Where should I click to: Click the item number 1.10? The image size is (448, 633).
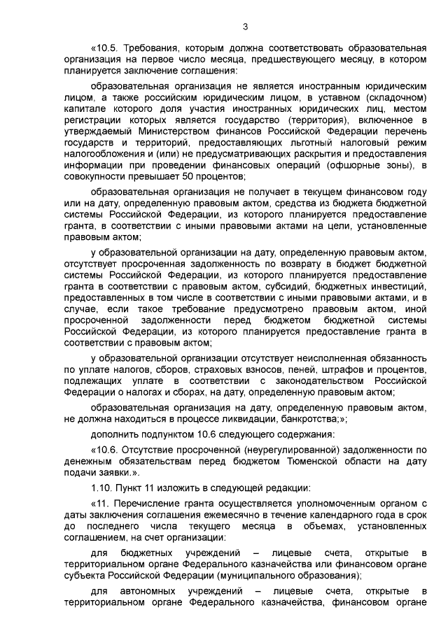pyautogui.click(x=104, y=488)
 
